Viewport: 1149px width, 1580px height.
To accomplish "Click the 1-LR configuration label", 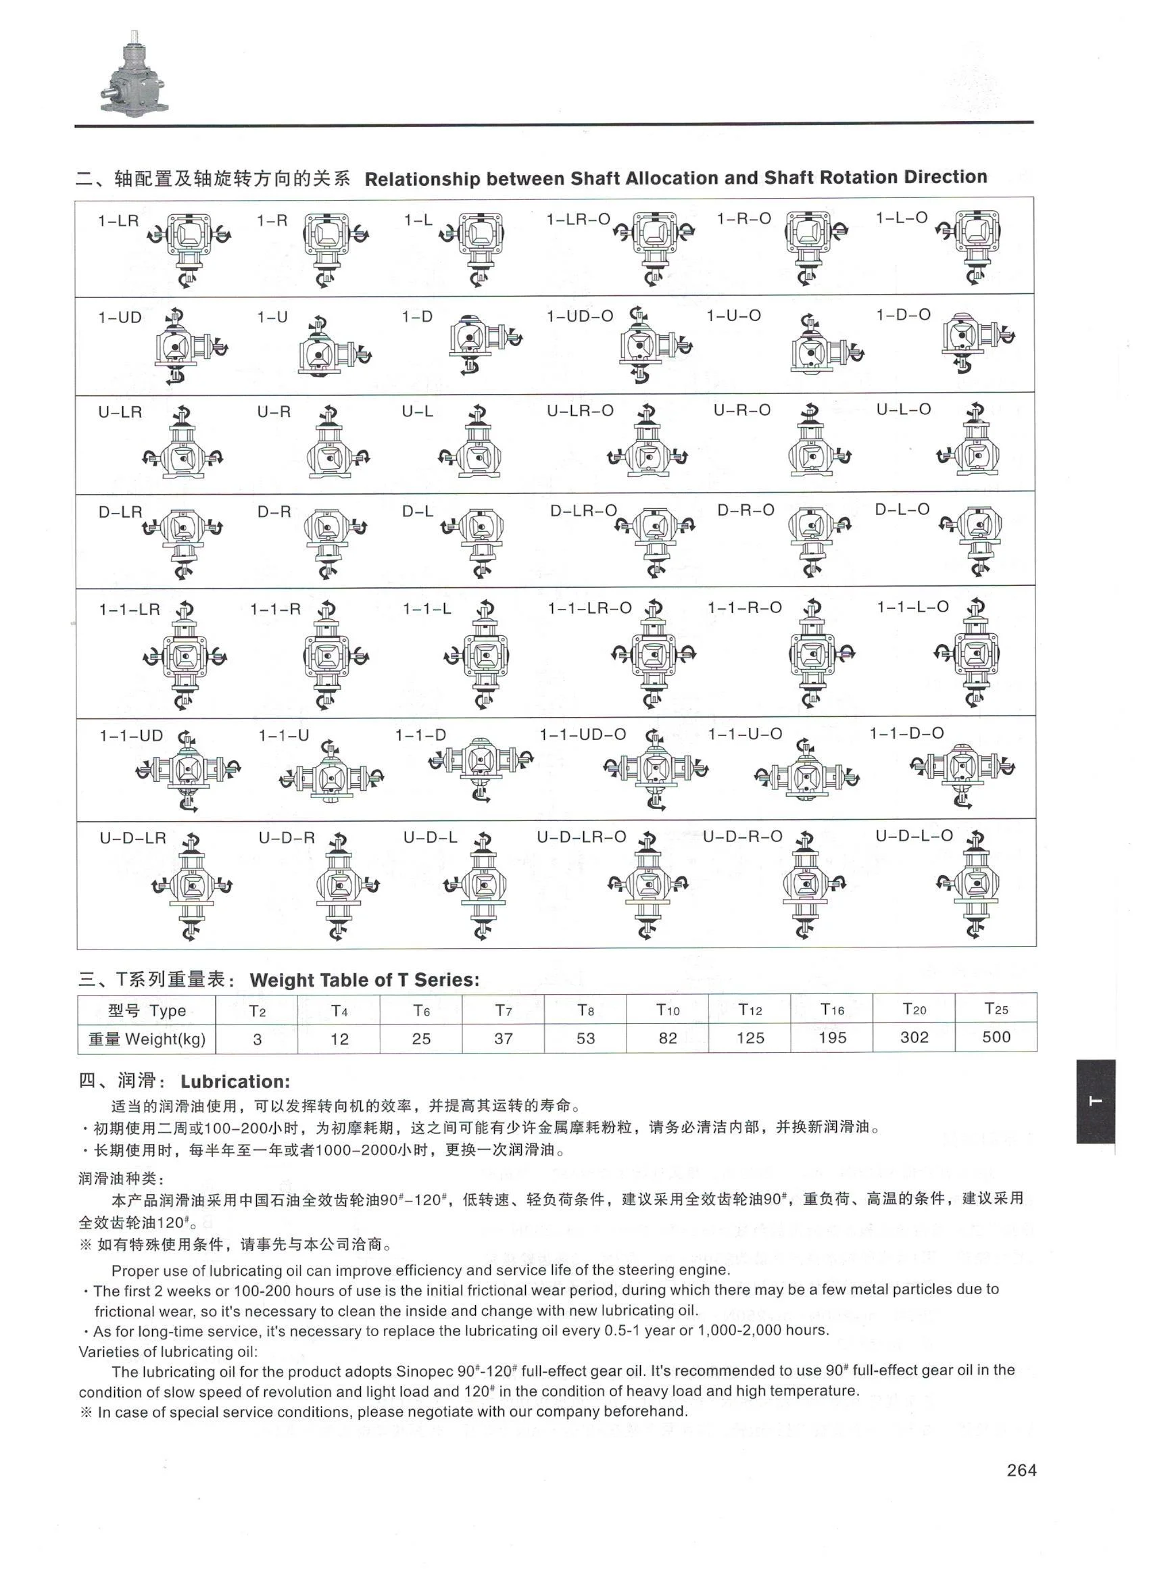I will [x=118, y=221].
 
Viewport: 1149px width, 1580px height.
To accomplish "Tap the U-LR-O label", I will [x=580, y=410].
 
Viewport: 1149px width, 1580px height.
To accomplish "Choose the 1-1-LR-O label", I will [x=589, y=608].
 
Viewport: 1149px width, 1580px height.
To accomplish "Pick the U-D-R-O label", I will [x=742, y=836].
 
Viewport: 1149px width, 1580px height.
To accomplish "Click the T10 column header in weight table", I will [x=668, y=1010].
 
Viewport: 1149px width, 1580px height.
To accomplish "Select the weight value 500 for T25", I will [x=996, y=1037].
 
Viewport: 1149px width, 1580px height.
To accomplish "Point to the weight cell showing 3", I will [x=257, y=1039].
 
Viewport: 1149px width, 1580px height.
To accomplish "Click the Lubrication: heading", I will [x=235, y=1082].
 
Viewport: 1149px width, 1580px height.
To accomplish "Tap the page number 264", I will [x=1021, y=1470].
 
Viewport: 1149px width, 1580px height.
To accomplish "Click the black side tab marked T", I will [x=1095, y=1102].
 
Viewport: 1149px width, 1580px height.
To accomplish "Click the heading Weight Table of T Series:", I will [x=364, y=980].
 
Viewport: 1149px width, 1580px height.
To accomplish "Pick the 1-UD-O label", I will [x=580, y=316].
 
